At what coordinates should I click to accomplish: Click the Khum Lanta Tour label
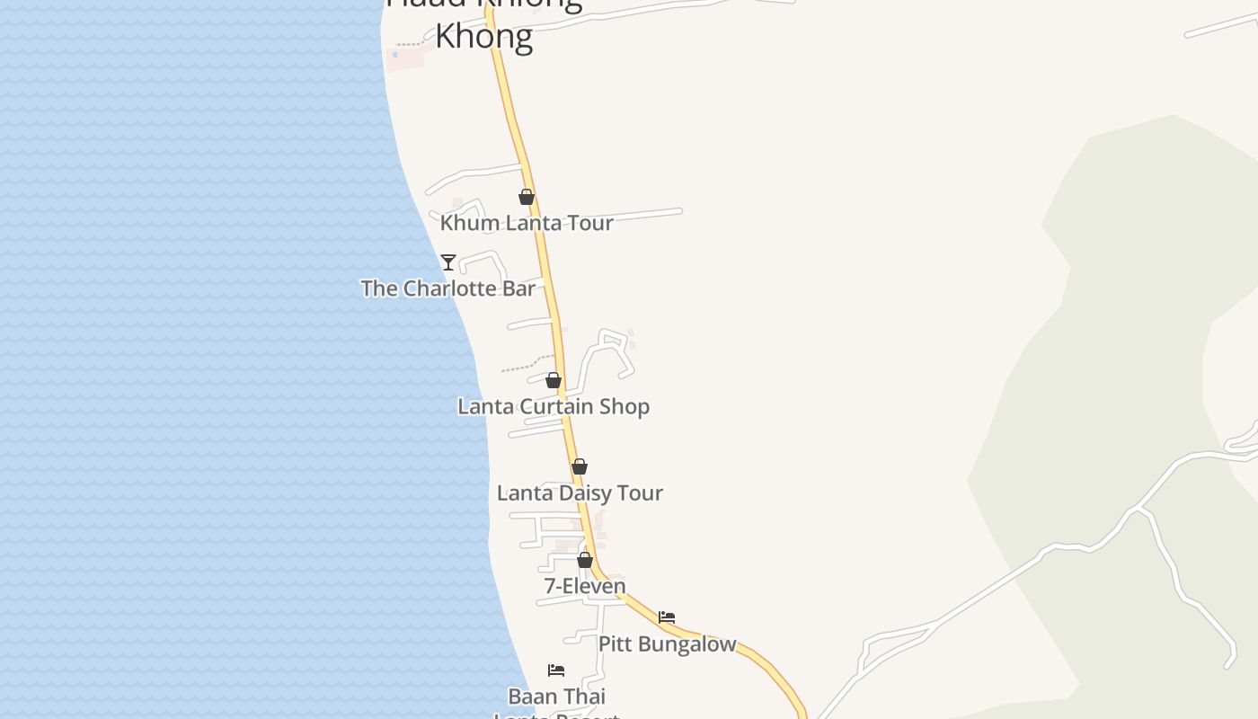click(527, 223)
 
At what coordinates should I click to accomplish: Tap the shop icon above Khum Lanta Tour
click(527, 197)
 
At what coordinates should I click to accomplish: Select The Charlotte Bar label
click(447, 288)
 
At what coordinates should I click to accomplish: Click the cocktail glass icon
click(448, 262)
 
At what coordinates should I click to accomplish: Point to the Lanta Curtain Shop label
click(554, 406)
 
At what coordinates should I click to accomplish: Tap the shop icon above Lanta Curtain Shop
click(554, 380)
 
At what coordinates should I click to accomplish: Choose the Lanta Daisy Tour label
click(580, 493)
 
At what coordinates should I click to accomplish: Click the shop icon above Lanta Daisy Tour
click(580, 466)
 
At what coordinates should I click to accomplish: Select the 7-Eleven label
click(585, 586)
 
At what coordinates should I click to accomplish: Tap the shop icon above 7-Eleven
click(585, 560)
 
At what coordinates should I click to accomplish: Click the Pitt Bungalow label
click(667, 644)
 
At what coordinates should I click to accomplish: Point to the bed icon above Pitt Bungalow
click(667, 617)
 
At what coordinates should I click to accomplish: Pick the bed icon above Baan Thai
click(556, 670)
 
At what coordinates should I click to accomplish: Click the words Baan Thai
click(557, 697)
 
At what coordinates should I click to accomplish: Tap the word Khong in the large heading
click(484, 37)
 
